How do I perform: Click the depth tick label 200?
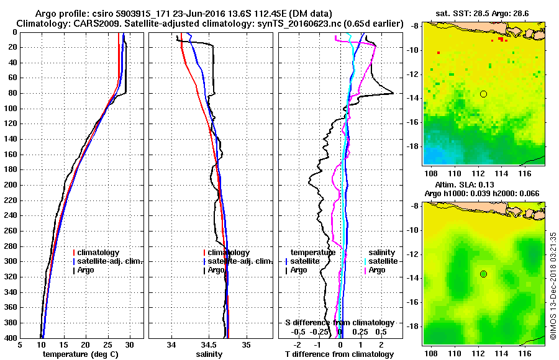pyautogui.click(x=11, y=185)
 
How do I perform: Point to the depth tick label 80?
pyautogui.click(x=13, y=93)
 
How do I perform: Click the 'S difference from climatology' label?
pyautogui.click(x=339, y=323)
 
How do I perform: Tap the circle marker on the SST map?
pyautogui.click(x=483, y=94)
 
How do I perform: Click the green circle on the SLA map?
pyautogui.click(x=483, y=274)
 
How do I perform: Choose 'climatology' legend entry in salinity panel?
pyautogui.click(x=229, y=253)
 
